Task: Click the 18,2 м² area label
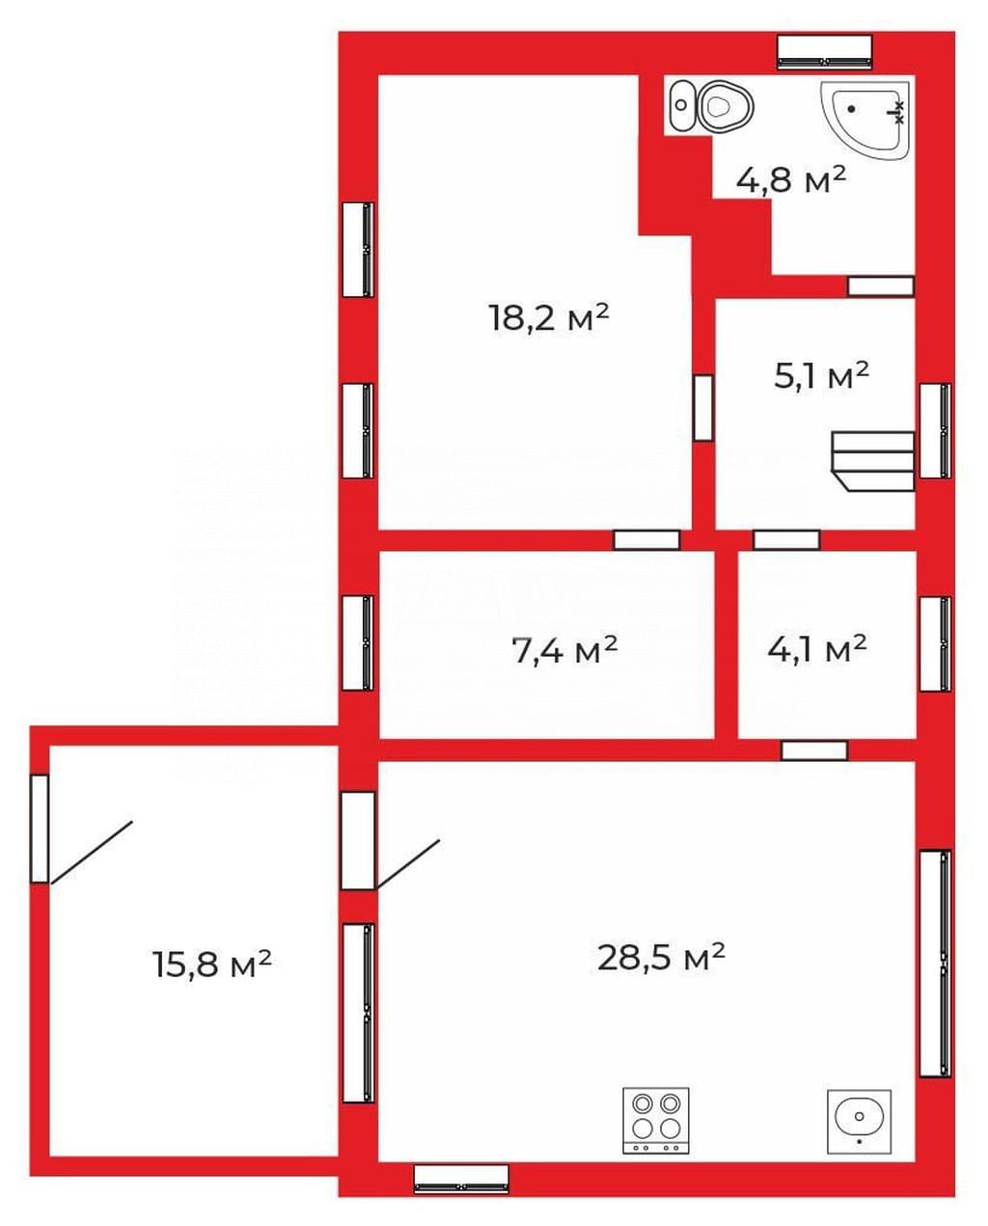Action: coord(549,317)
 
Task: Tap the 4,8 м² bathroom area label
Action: coord(791,179)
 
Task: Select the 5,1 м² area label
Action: coord(822,375)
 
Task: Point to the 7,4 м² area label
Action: coord(564,650)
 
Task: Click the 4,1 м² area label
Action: coord(817,649)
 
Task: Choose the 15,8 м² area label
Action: coord(212,964)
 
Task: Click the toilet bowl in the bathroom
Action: coord(726,106)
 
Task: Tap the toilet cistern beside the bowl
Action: coord(681,105)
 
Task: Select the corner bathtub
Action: coord(864,120)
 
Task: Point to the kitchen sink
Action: coord(860,1122)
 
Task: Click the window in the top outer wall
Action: coord(825,52)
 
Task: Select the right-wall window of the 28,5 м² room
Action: coord(936,964)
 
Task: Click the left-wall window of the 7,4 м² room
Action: coord(358,643)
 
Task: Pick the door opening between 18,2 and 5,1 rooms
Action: coord(703,407)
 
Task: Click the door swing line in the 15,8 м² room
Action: coord(92,853)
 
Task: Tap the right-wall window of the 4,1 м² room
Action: coord(936,643)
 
